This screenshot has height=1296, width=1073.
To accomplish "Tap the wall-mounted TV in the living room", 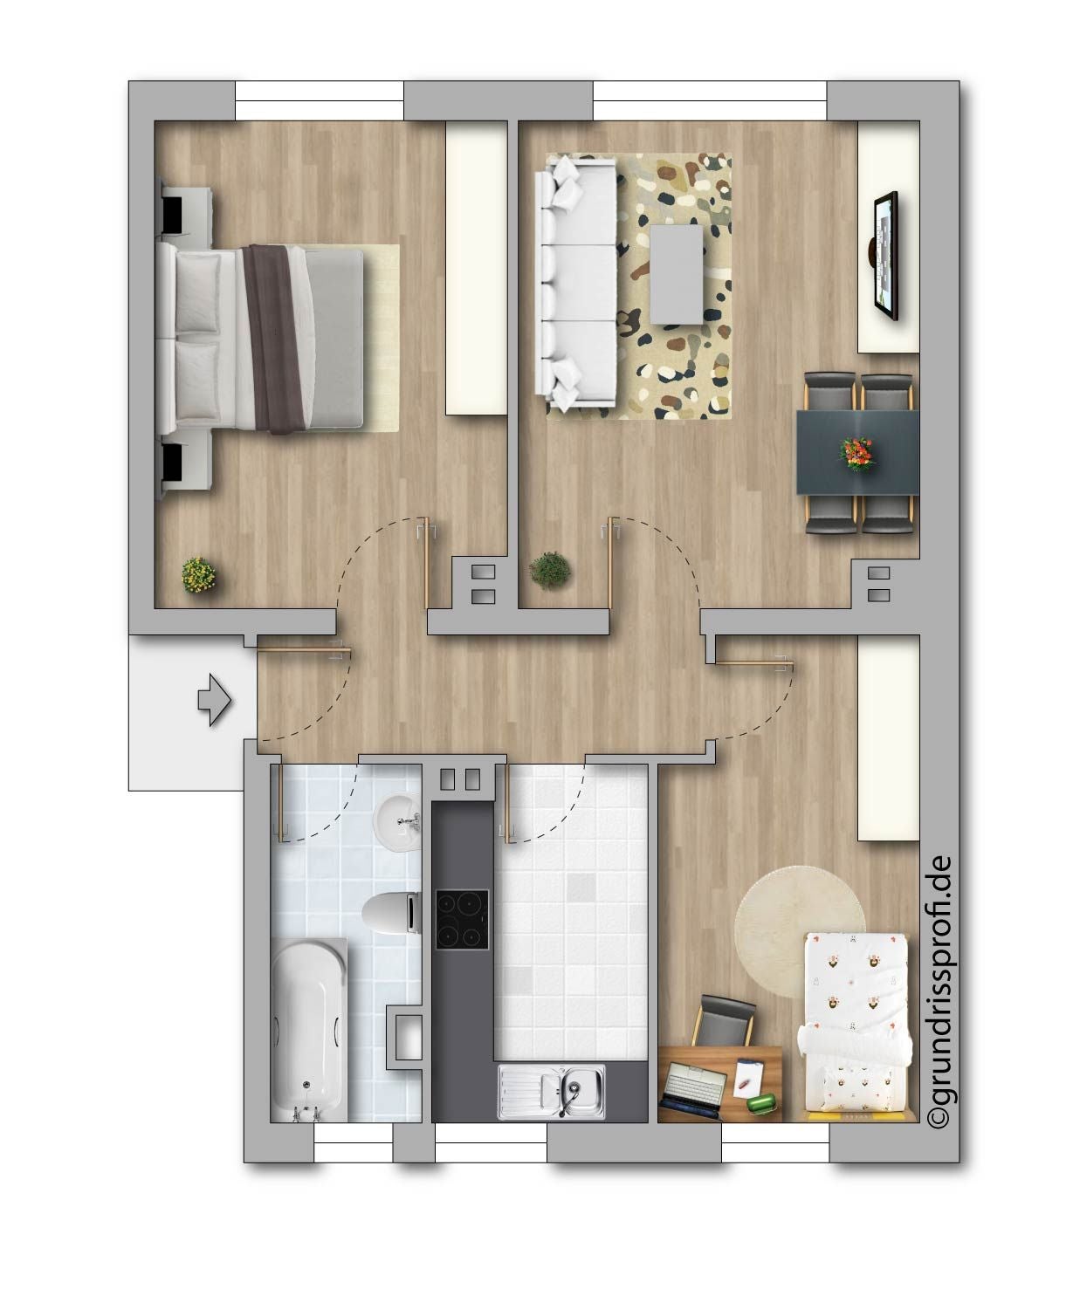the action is (885, 257).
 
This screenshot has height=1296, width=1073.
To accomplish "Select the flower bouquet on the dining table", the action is (856, 453).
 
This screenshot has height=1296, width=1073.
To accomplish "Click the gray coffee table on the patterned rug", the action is (677, 274).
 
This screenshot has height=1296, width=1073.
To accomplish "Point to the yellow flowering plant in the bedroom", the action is (199, 575).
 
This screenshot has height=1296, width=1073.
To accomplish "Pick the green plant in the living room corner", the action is (550, 569).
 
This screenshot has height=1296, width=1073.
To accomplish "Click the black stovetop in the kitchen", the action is (462, 920).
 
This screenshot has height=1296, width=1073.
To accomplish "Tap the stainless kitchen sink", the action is (552, 1091).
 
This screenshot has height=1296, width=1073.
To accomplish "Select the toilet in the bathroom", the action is (392, 912).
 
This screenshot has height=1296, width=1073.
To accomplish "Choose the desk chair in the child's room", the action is (724, 1021).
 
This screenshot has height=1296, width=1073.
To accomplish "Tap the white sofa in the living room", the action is (576, 283).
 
